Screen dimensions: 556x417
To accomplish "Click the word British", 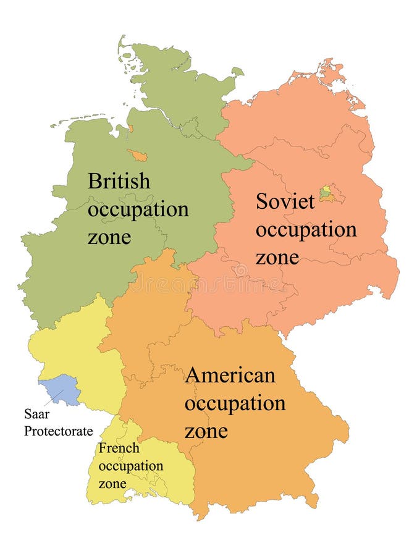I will [119, 182].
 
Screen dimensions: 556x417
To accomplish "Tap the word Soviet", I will [285, 201].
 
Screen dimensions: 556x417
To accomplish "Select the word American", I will [230, 375].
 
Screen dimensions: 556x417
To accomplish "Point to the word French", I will [119, 448].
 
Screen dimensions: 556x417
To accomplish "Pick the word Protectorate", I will [58, 431].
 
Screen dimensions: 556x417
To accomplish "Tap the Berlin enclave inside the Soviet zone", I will [327, 194].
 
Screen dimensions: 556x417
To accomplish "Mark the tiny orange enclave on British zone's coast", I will [130, 129].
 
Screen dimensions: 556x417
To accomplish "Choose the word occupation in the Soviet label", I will [306, 230].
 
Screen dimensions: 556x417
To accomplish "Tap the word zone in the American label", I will [206, 430].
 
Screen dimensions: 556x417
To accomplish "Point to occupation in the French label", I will [131, 466].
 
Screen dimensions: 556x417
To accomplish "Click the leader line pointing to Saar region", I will [54, 398].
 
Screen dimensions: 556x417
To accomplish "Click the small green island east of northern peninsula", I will [237, 72].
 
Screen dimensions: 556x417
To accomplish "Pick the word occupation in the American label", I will [235, 403].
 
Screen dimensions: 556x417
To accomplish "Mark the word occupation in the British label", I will [138, 209].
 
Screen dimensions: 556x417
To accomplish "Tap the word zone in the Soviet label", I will [277, 257].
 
